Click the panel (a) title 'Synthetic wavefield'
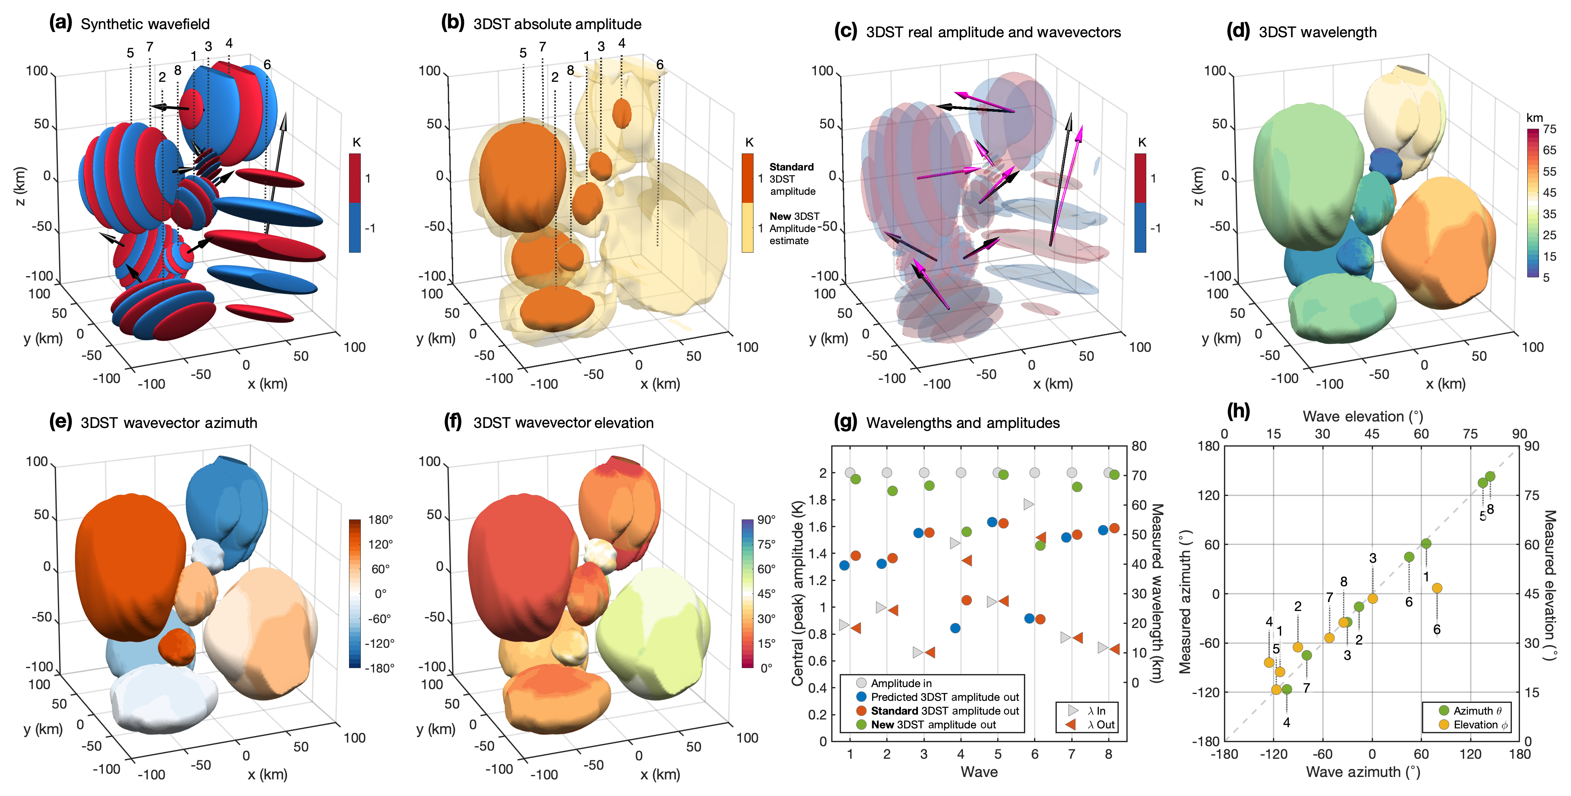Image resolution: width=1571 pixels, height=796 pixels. point(145,24)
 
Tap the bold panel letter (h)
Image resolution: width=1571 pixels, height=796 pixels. point(1238,411)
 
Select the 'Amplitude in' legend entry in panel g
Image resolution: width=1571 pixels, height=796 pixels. point(901,683)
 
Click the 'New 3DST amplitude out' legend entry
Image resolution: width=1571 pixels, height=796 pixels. point(933,725)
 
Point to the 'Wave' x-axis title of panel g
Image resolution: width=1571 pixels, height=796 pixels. point(979,772)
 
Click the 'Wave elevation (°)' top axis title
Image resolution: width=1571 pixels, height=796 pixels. point(1362,417)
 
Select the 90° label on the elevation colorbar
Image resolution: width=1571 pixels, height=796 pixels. point(766,520)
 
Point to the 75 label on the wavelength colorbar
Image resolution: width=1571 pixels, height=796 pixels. point(1549,129)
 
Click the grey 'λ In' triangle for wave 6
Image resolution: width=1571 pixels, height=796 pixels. point(1029,504)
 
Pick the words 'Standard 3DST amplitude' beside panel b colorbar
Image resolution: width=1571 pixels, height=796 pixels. point(792,179)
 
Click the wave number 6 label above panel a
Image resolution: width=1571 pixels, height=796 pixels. point(267,65)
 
